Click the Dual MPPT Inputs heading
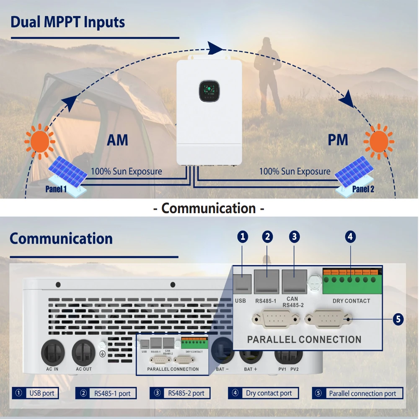tap(67, 22)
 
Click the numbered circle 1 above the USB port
tap(242, 237)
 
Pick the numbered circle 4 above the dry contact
tap(350, 237)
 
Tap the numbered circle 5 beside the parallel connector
tap(398, 319)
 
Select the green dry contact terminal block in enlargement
tap(352, 282)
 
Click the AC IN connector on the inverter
tap(52, 352)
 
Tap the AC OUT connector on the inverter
tap(83, 352)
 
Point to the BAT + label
tap(251, 369)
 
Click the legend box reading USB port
tap(35, 393)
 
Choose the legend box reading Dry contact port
tap(264, 393)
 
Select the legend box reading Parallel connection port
tap(357, 393)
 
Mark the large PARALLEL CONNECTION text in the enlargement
tap(304, 339)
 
